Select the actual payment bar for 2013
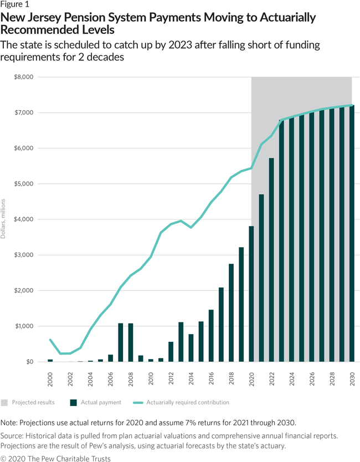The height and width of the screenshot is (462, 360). click(x=181, y=342)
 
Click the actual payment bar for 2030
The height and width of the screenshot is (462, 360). click(x=351, y=233)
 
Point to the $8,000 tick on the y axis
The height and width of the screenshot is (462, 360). click(x=23, y=77)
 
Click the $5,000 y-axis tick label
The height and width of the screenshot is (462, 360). click(x=23, y=184)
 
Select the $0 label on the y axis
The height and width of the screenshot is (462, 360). click(x=28, y=362)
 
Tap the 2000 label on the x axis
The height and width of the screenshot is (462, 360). click(x=50, y=378)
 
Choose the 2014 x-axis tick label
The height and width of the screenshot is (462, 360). click(x=191, y=378)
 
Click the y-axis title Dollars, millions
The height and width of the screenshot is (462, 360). click(x=4, y=219)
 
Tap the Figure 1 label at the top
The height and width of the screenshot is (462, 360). click(x=15, y=6)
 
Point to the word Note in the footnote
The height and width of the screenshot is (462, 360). click(x=10, y=423)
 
